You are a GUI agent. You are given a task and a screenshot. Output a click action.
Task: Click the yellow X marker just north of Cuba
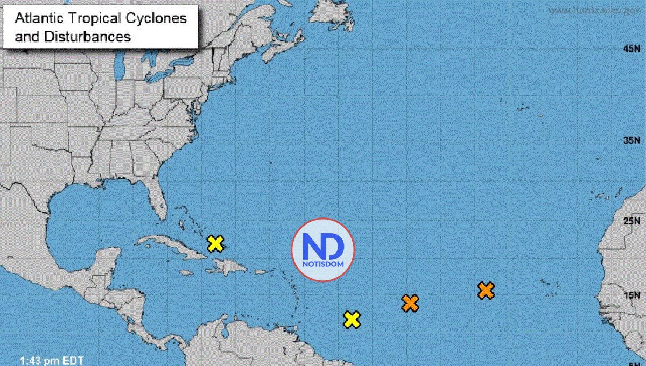pos(215,244)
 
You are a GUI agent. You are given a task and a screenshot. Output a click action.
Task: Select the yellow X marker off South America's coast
pos(352,320)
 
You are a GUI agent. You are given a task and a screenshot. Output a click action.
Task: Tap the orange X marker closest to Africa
pos(486,291)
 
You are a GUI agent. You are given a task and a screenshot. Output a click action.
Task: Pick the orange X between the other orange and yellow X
pos(410,303)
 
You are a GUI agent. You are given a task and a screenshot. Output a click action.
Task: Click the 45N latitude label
pos(629,49)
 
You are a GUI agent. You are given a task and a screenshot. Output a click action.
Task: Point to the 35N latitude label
pos(629,140)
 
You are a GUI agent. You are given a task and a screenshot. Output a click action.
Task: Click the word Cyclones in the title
pos(160,18)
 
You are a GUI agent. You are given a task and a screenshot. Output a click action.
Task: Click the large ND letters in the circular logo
pos(323,246)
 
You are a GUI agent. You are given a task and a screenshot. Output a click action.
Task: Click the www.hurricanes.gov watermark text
pos(595,10)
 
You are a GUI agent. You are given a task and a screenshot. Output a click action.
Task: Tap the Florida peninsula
pos(157,202)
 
